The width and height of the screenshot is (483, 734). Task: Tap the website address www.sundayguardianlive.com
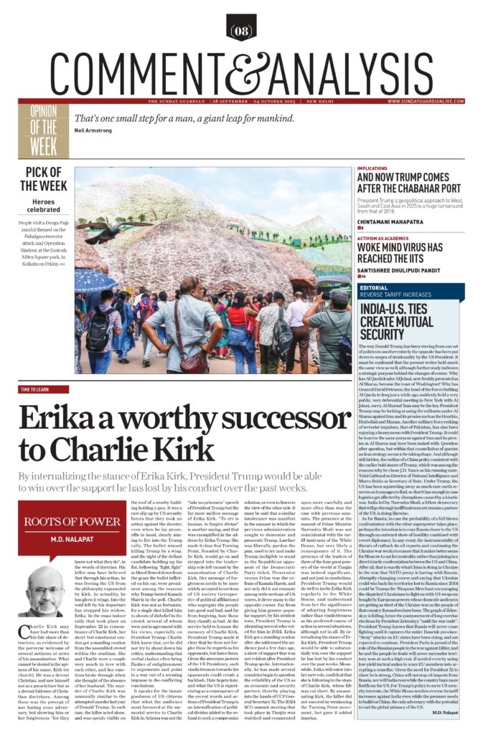coord(428,101)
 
